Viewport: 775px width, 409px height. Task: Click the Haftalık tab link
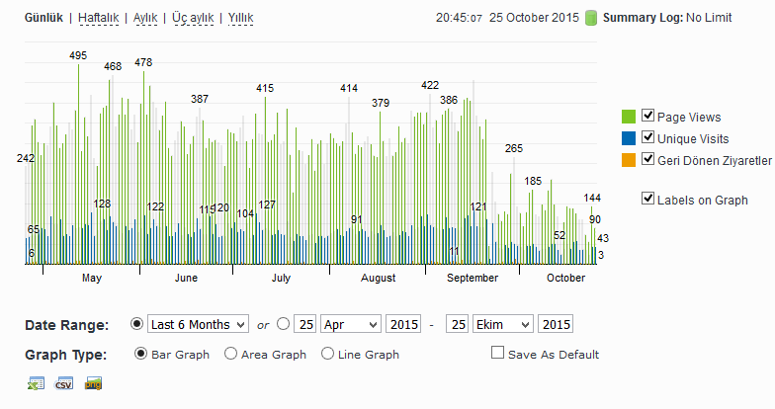99,18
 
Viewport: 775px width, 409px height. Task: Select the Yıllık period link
241,18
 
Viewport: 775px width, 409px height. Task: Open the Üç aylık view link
193,18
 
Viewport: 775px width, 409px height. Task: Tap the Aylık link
145,18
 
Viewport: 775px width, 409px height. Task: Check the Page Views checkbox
647,116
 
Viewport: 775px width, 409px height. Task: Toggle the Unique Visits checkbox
647,136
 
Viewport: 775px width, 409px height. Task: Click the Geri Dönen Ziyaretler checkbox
647,158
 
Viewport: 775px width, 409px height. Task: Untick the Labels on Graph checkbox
647,199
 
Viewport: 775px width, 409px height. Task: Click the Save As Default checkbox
498,353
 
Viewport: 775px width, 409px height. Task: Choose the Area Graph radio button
230,354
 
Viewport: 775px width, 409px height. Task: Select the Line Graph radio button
327,354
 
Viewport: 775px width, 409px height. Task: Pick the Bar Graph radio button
140,354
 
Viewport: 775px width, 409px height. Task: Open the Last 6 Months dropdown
198,324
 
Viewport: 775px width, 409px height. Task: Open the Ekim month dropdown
503,324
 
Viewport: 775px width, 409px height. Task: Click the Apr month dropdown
351,324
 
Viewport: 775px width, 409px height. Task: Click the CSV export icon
64,383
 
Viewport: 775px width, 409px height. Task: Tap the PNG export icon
93,383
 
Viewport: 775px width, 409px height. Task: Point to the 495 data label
78,55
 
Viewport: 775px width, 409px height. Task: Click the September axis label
473,279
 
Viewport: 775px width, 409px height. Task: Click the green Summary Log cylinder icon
591,18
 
